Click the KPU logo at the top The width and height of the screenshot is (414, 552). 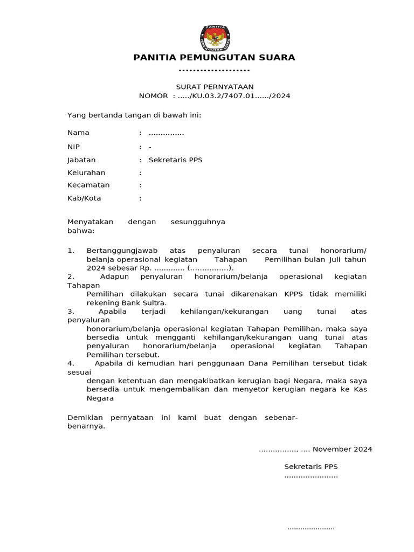[x=215, y=37]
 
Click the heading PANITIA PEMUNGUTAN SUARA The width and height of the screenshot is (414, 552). [x=215, y=58]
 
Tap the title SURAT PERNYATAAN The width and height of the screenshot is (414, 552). [x=215, y=87]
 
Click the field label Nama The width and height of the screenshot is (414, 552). [x=78, y=133]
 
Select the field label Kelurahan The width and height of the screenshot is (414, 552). [x=86, y=173]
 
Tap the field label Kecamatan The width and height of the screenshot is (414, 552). [x=88, y=185]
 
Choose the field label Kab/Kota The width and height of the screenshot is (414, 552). [x=84, y=198]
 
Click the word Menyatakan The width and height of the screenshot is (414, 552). [x=91, y=222]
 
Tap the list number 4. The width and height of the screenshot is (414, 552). [x=70, y=363]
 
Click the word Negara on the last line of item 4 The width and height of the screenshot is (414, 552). [x=100, y=398]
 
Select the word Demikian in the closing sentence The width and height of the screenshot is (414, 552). [x=84, y=418]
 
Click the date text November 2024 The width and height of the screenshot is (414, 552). [x=342, y=449]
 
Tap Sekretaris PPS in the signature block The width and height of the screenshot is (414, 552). [x=311, y=467]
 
